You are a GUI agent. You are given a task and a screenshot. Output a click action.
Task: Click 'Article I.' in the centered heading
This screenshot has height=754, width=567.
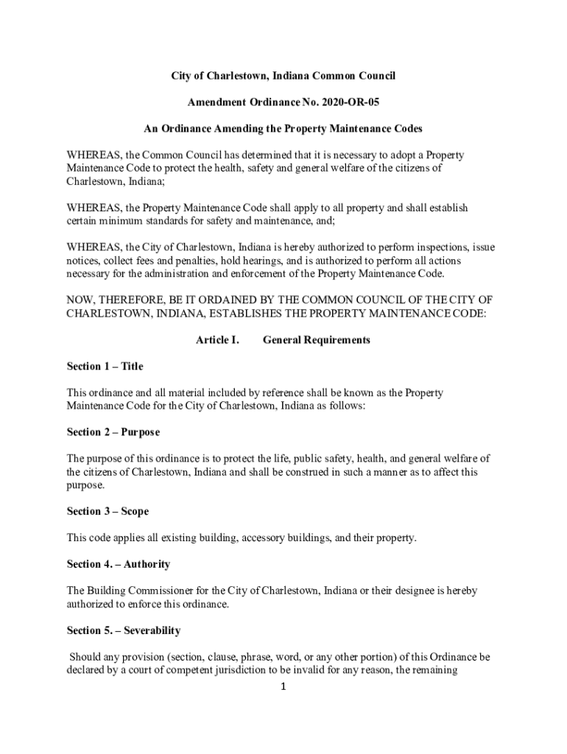(x=217, y=340)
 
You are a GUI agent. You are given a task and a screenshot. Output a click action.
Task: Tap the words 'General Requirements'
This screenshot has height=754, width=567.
(x=316, y=340)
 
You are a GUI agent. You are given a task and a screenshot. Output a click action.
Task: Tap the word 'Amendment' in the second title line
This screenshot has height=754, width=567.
(x=212, y=102)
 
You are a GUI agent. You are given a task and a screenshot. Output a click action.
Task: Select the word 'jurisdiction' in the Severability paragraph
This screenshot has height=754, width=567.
(x=261, y=670)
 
